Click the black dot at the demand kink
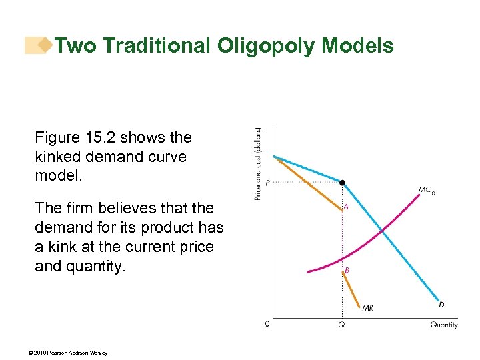(342, 182)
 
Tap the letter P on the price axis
(267, 183)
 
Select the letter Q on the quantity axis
(342, 325)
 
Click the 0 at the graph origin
(267, 324)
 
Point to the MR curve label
(367, 307)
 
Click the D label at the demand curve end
(441, 305)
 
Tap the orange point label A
(345, 207)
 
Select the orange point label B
(347, 270)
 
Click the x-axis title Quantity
(443, 325)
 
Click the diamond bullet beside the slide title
(45, 45)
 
